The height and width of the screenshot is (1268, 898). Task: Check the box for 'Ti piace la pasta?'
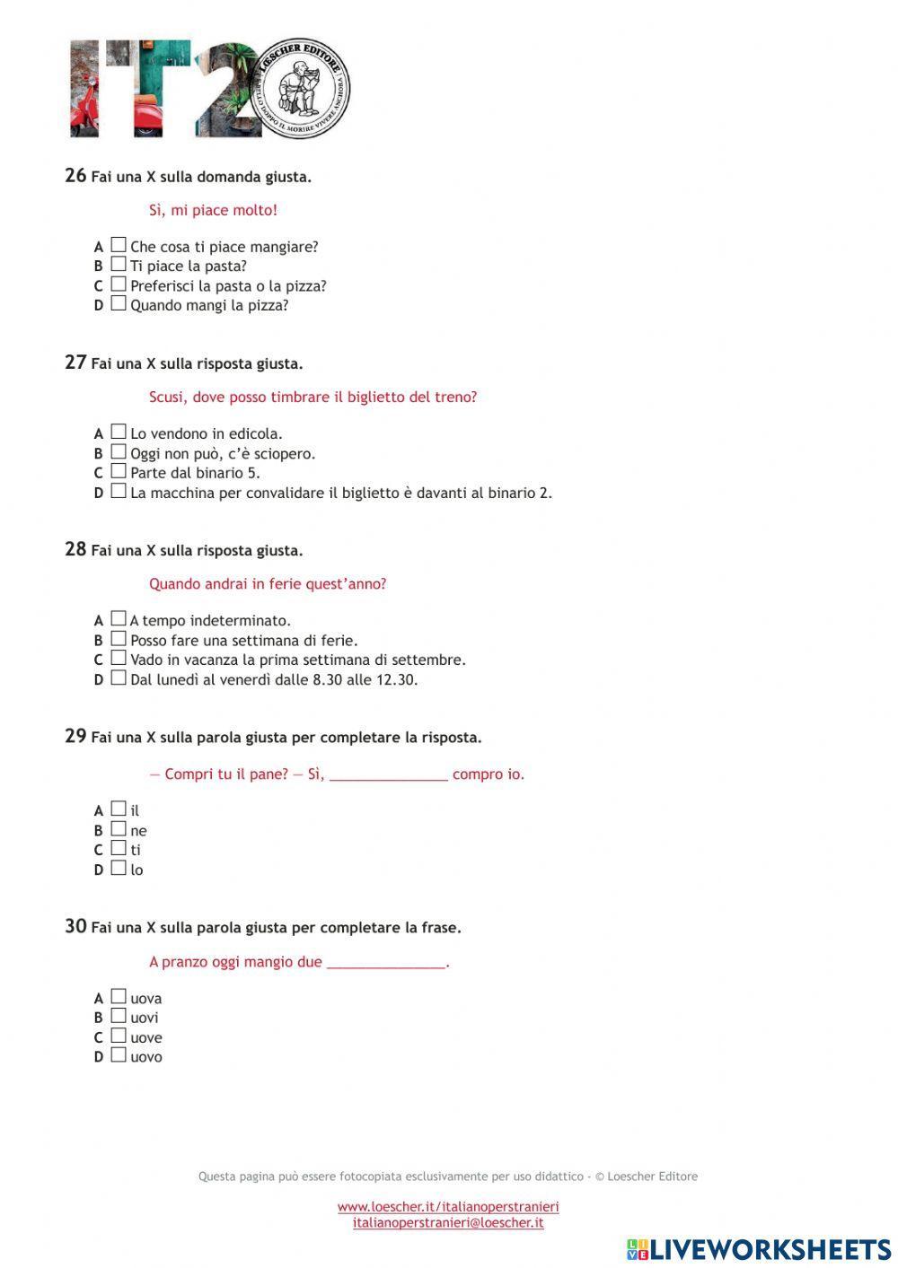(x=119, y=265)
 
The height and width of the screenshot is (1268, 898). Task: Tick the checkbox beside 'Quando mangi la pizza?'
(x=119, y=304)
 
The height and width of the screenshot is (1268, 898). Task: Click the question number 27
(x=75, y=363)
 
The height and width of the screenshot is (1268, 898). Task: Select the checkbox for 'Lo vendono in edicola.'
(x=119, y=433)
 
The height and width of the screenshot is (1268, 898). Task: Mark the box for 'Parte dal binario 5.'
(x=119, y=472)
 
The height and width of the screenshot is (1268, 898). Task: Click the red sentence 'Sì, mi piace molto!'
(x=213, y=211)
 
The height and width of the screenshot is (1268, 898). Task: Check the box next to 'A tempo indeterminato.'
(x=119, y=619)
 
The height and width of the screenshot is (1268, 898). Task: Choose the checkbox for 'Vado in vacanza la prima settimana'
(x=119, y=659)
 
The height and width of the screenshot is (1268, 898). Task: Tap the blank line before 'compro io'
(x=388, y=775)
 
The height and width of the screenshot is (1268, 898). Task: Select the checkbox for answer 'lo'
(x=119, y=869)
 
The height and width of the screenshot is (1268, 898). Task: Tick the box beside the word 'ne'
(x=119, y=829)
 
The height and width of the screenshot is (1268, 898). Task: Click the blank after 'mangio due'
(x=386, y=963)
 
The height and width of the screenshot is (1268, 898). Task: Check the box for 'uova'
(x=119, y=997)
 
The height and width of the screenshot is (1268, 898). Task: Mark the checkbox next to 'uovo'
(x=119, y=1056)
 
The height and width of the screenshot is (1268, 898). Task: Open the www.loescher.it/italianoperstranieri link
(x=448, y=1207)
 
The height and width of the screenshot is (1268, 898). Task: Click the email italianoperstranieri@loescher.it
(x=448, y=1222)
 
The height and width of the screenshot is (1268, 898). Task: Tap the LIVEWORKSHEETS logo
(x=759, y=1249)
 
